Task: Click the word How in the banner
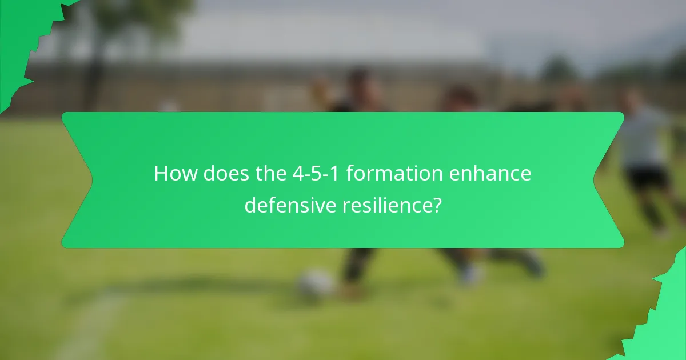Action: coord(175,174)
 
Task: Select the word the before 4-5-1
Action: coord(268,174)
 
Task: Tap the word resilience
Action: coord(386,205)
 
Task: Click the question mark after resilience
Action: coord(436,205)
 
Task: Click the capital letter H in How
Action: coord(162,174)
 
